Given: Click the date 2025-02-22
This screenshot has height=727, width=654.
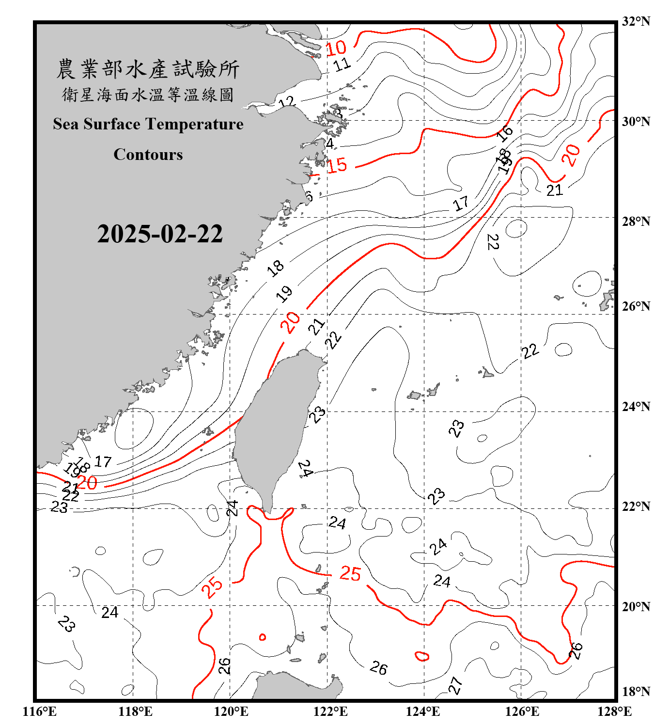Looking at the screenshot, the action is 160,234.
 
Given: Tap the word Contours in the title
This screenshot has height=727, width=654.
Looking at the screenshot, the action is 148,155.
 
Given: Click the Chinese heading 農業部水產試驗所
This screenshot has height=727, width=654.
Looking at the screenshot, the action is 148,69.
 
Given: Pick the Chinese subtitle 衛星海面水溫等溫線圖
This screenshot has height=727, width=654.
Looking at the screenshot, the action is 148,95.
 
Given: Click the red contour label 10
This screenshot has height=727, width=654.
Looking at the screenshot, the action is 336,48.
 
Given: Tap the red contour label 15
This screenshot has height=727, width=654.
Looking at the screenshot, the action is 337,165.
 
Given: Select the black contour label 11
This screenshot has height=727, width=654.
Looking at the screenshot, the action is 342,64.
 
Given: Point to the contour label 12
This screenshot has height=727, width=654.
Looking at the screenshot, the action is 287,102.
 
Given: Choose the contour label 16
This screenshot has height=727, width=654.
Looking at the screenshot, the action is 504,133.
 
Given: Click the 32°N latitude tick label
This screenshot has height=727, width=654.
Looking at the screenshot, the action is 636,21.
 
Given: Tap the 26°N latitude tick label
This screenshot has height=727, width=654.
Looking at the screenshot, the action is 636,306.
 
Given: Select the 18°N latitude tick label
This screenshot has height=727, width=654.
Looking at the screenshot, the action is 636,692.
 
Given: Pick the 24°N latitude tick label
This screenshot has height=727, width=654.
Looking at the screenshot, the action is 636,406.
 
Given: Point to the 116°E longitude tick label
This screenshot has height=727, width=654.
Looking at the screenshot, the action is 40,711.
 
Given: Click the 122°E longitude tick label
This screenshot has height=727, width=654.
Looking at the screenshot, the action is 330,711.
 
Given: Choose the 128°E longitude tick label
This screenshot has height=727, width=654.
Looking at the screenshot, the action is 614,711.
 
